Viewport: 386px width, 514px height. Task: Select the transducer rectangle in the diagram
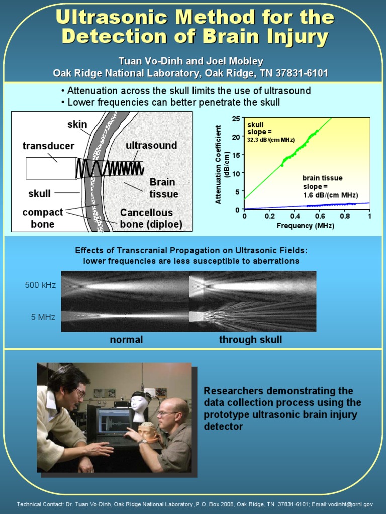(x=50, y=168)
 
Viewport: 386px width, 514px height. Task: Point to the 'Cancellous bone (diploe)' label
(x=150, y=218)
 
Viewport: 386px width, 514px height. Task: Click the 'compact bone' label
(x=43, y=218)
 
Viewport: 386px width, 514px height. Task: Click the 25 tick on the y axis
(x=236, y=119)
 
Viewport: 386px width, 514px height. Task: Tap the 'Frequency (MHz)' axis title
(x=305, y=226)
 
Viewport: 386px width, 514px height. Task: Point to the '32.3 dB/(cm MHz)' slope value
(x=270, y=140)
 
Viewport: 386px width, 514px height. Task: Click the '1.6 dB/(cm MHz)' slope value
(x=330, y=195)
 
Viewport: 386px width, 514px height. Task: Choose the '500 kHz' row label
(x=40, y=285)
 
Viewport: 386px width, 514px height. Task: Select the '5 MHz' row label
(x=43, y=317)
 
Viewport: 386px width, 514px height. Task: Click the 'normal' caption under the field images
(x=126, y=340)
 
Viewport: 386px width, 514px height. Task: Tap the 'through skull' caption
(x=250, y=340)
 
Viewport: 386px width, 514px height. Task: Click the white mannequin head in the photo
(x=139, y=405)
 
